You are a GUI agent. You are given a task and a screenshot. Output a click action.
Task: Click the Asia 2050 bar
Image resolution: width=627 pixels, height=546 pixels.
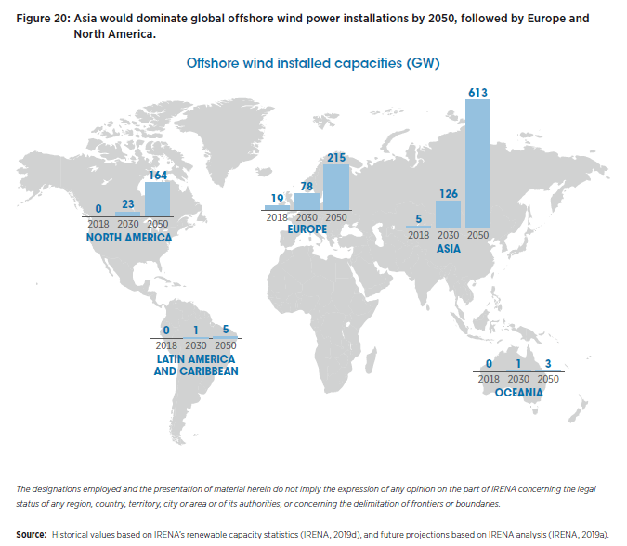[x=477, y=162]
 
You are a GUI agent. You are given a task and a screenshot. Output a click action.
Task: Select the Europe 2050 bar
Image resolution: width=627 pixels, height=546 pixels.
[x=336, y=188]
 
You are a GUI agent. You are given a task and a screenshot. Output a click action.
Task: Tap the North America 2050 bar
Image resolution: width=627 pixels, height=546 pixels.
[x=158, y=199]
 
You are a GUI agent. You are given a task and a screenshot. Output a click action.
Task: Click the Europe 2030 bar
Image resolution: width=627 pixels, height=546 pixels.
[x=307, y=201]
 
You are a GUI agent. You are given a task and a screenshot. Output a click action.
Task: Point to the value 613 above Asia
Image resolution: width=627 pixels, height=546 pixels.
[x=477, y=92]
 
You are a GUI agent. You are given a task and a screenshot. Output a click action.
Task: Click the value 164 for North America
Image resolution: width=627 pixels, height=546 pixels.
[x=158, y=175]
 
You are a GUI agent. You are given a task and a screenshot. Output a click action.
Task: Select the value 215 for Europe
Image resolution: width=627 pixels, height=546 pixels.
[x=336, y=158]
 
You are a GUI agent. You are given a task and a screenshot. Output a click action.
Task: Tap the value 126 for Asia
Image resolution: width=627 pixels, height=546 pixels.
[x=449, y=193]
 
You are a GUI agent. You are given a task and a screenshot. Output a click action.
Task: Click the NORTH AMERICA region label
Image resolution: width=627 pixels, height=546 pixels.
[x=129, y=238]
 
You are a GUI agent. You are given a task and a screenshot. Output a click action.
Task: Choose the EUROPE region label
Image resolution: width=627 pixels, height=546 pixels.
[x=307, y=229]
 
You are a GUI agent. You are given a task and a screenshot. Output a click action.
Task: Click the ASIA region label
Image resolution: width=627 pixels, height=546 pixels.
[x=449, y=250]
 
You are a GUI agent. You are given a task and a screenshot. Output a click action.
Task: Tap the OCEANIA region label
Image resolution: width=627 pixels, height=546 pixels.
[x=518, y=393]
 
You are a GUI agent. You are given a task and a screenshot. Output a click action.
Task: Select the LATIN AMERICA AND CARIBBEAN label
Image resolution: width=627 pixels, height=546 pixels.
[x=196, y=365]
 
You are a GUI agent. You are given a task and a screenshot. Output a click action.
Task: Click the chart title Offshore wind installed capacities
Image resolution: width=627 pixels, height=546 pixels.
[x=312, y=63]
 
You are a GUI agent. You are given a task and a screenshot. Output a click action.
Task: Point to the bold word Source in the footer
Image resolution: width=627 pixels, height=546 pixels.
[x=31, y=536]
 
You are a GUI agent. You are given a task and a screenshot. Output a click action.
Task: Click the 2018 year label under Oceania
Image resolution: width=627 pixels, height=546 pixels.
[x=489, y=379]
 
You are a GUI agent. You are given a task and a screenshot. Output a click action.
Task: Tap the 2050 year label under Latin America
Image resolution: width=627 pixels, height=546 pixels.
[x=226, y=344]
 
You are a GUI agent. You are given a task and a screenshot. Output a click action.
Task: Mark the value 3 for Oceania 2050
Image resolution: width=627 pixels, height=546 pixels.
[x=548, y=365]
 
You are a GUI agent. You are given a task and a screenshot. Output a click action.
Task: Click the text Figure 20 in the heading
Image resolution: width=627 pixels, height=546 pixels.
[x=43, y=19]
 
